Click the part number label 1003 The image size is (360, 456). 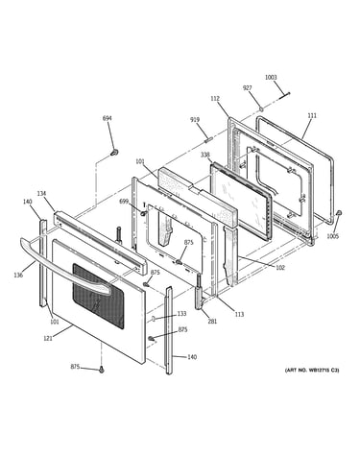coord(271,77)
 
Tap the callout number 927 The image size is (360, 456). coord(247,88)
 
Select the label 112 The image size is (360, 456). coord(215,99)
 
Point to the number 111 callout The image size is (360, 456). coord(312,115)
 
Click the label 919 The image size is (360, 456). coord(195,120)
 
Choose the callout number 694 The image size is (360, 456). coord(108,118)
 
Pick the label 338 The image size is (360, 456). coord(205,155)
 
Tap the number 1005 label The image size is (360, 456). coord(332,236)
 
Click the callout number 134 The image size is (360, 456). coord(41,194)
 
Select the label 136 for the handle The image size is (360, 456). coord(18,275)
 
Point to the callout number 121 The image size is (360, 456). coord(48,338)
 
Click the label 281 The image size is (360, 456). coord(212,322)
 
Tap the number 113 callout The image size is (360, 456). coord(239,314)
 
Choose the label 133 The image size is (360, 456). coord(181,314)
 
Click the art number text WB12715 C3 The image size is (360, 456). coord(324,371)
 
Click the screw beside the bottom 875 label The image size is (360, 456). coord(102,370)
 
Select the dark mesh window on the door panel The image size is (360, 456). coord(98,296)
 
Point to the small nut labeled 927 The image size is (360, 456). coord(261,109)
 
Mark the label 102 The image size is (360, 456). coord(280,268)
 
